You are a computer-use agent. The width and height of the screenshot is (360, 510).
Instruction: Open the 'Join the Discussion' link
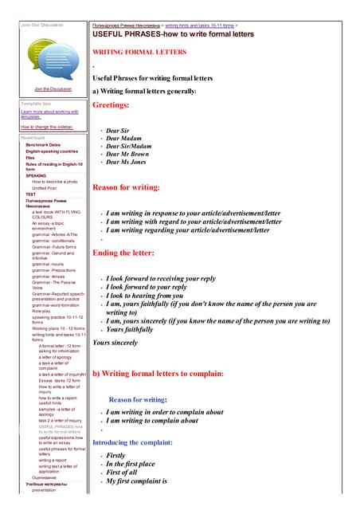click(53, 88)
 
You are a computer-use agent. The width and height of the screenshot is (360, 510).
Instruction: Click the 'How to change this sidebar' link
click(46, 127)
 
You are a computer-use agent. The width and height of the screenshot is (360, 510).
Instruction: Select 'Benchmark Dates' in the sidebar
click(43, 144)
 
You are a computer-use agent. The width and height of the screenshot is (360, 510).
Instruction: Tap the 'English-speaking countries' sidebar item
click(52, 151)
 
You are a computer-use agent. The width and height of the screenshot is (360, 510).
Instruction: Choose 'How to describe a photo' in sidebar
click(55, 182)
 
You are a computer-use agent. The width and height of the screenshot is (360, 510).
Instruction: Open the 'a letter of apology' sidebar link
click(57, 359)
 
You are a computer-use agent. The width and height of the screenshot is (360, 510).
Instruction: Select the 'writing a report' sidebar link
click(53, 460)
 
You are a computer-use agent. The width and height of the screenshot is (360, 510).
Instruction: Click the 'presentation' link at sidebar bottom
click(45, 490)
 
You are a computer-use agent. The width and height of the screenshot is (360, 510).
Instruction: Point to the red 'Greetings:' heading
click(111, 105)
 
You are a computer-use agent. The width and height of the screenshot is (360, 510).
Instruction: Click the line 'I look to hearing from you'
click(156, 296)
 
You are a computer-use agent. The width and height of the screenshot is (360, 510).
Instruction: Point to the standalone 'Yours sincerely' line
click(115, 343)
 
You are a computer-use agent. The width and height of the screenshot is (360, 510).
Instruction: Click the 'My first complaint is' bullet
click(136, 481)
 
